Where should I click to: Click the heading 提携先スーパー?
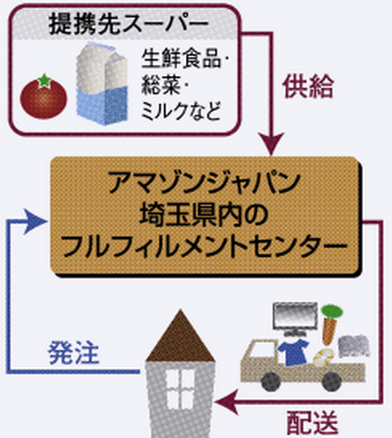pyautogui.click(x=129, y=24)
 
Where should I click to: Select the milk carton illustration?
pyautogui.click(x=102, y=83)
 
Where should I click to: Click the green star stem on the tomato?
pyautogui.click(x=45, y=81)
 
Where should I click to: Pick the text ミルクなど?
pyautogui.click(x=181, y=110)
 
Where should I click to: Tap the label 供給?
pyautogui.click(x=308, y=86)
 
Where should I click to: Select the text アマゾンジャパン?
pyautogui.click(x=204, y=183)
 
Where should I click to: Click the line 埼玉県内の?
pyautogui.click(x=204, y=215)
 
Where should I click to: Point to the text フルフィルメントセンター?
pyautogui.click(x=204, y=247)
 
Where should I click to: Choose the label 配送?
pyautogui.click(x=312, y=423)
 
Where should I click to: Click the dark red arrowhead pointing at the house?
pyautogui.click(x=226, y=402)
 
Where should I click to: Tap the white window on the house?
pyautogui.click(x=180, y=389)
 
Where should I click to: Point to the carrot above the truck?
pyautogui.click(x=331, y=323)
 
